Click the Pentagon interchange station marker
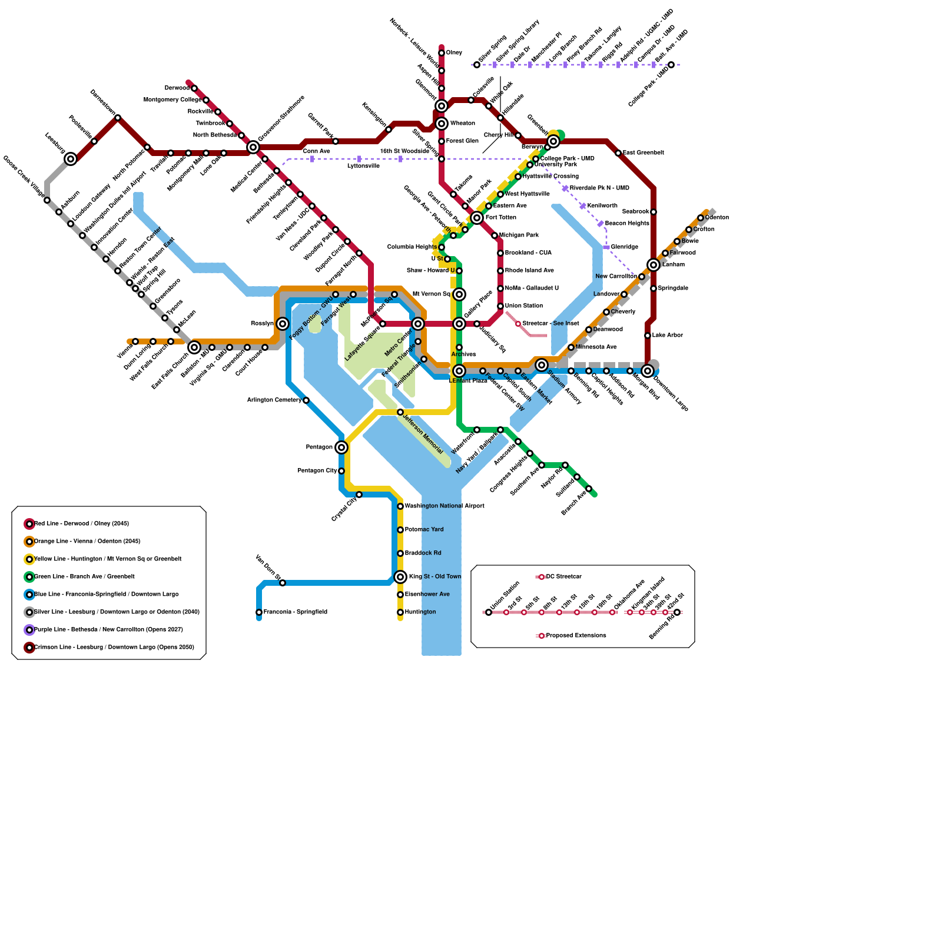click(341, 447)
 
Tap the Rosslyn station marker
click(283, 324)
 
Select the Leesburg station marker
click(71, 159)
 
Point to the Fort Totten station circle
click(477, 218)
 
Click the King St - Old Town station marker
click(400, 577)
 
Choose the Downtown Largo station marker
click(648, 371)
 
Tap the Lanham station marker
click(654, 265)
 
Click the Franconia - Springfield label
click(295, 612)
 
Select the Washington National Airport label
click(445, 506)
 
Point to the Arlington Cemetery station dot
click(306, 400)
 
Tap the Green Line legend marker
click(29, 577)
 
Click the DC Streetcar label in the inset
click(563, 577)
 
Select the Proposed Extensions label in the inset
click(576, 636)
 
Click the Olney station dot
click(442, 53)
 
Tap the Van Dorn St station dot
click(283, 583)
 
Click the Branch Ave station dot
click(589, 489)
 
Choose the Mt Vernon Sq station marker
click(459, 294)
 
